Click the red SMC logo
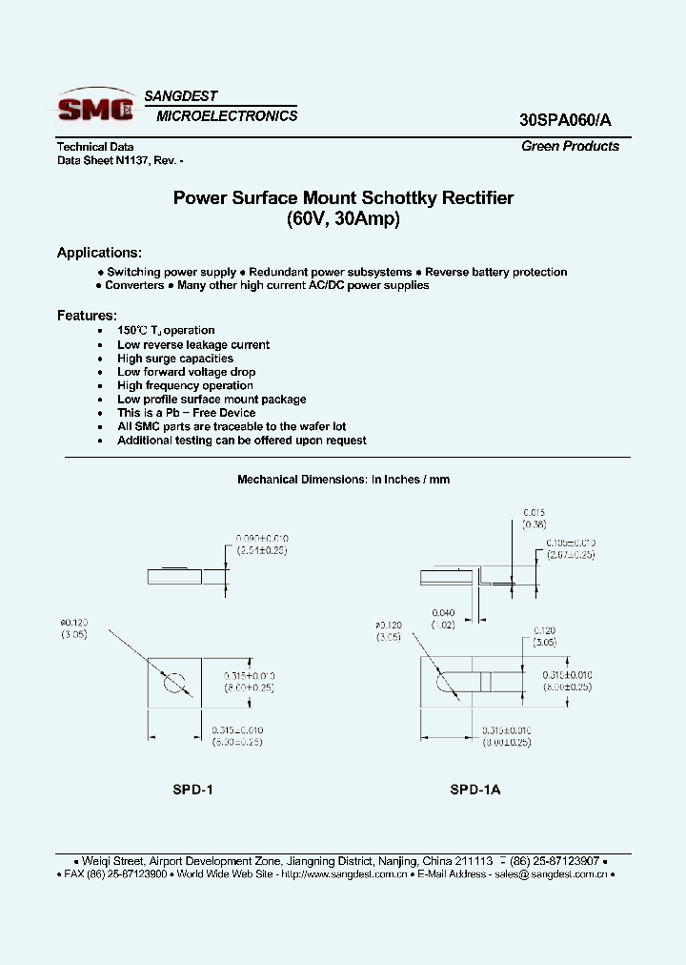(95, 108)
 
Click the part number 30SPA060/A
(566, 120)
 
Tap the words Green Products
(570, 146)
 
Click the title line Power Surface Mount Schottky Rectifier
(343, 198)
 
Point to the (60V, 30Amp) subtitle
(343, 218)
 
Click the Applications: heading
(99, 253)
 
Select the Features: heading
(87, 315)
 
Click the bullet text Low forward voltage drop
(187, 372)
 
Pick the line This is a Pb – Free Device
(187, 413)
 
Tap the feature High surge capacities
(175, 359)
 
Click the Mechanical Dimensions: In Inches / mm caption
(343, 480)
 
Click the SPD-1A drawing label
(475, 790)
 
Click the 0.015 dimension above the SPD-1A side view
(535, 512)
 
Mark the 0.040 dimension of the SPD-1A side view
(443, 612)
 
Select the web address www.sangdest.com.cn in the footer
(351, 873)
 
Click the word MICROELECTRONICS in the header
(227, 116)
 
